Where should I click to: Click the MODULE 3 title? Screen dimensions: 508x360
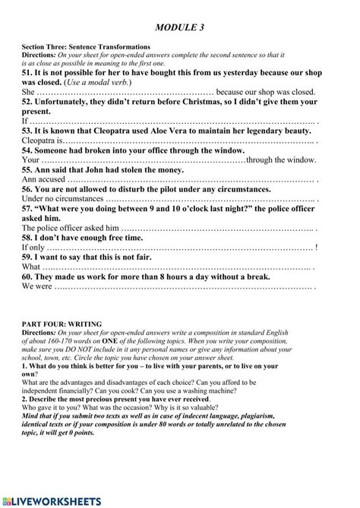pos(179,28)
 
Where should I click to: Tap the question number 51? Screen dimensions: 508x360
pos(28,69)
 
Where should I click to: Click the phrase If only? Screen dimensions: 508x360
pos(33,248)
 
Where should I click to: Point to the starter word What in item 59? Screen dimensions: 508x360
pos(31,267)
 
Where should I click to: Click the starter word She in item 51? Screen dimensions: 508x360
pos(28,90)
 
